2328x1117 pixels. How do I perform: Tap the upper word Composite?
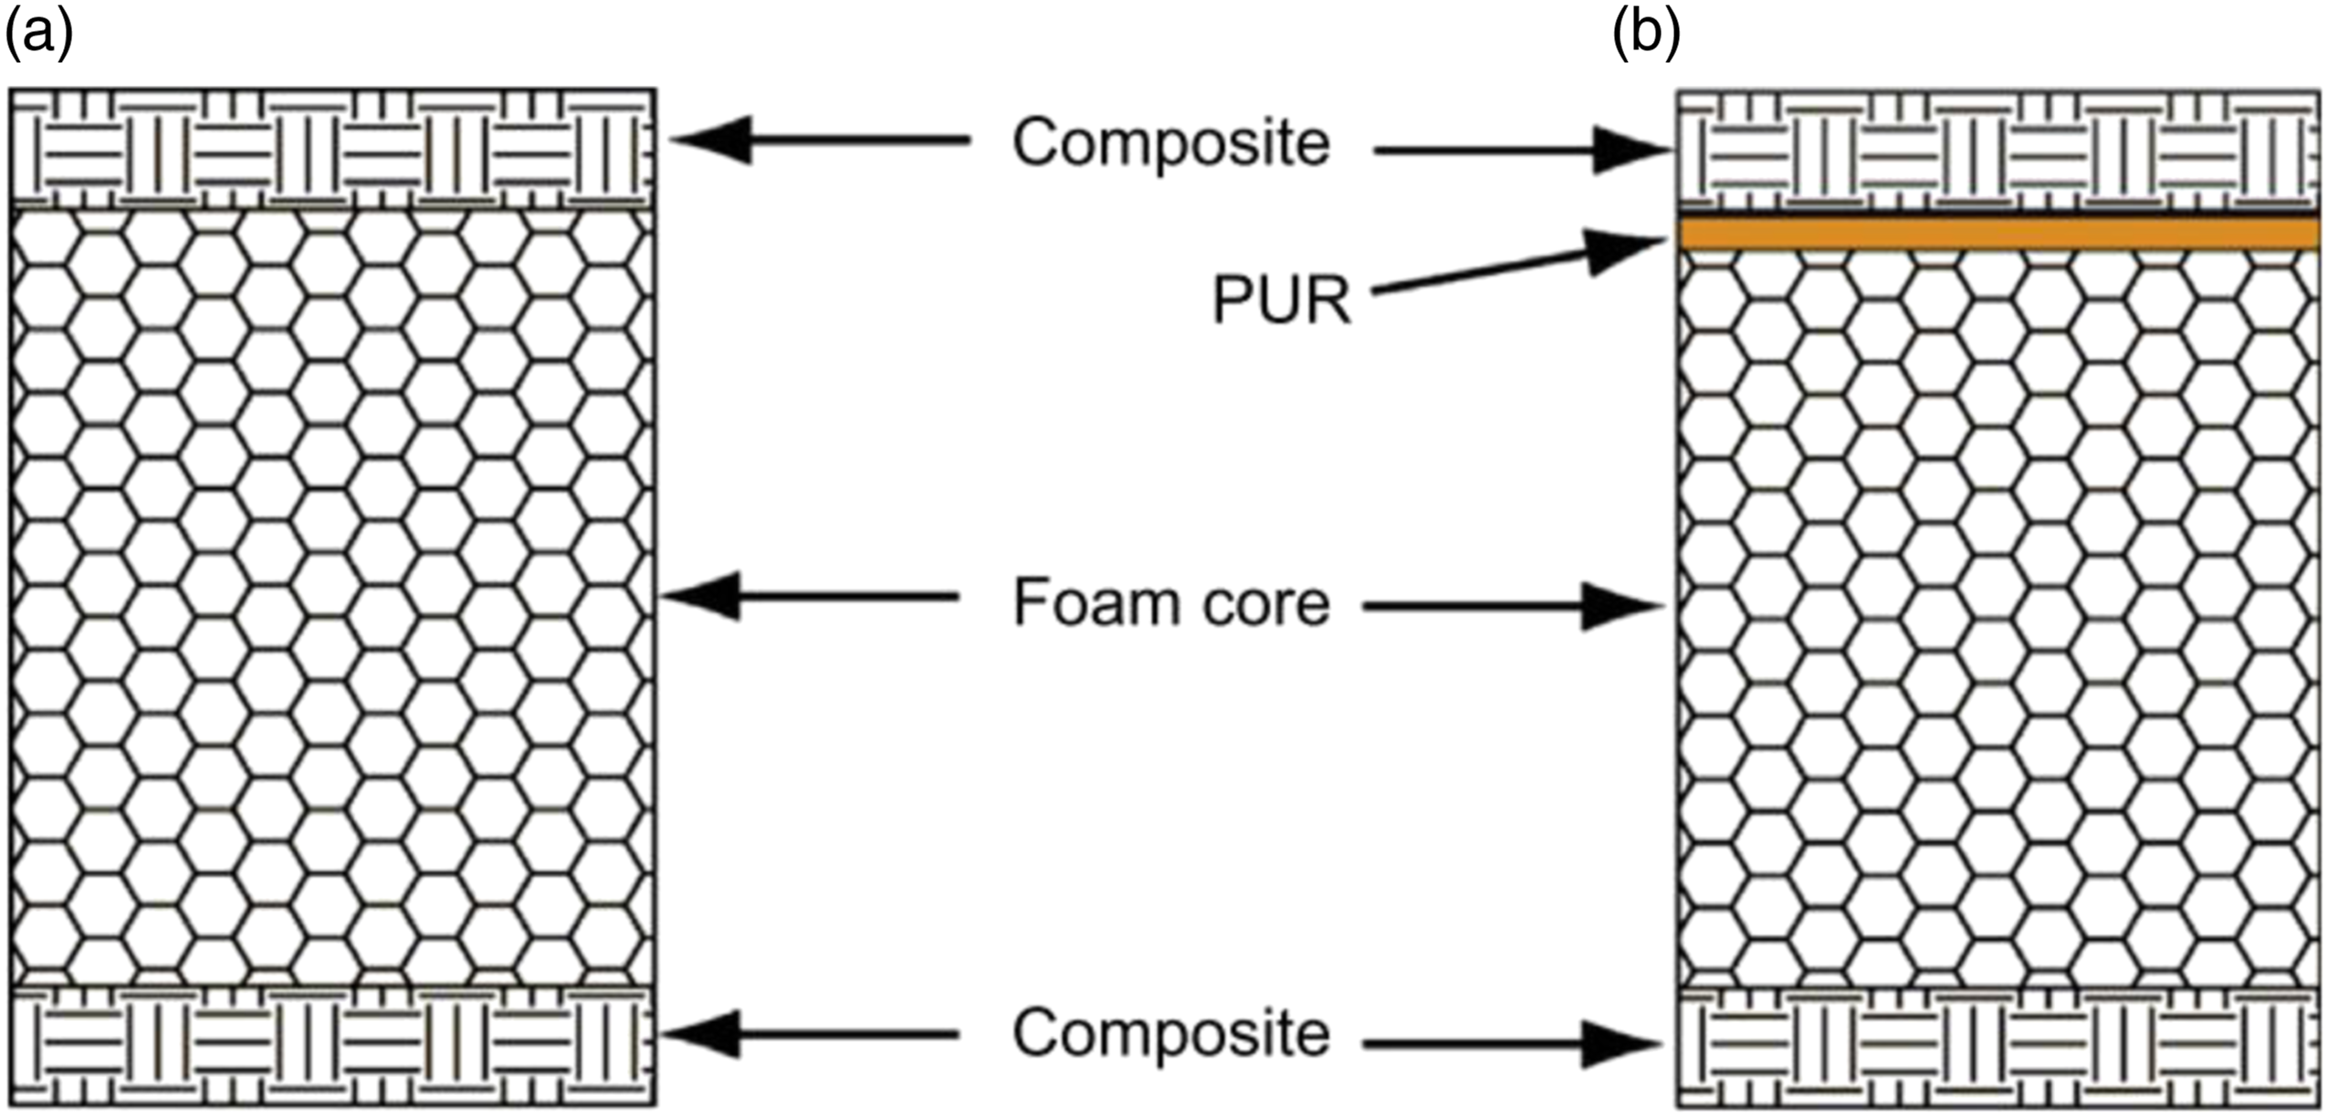pos(1170,144)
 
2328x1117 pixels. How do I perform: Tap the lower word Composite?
pos(1170,1035)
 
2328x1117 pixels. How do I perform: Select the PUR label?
pos(1281,300)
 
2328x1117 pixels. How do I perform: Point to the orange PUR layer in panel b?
pos(1999,233)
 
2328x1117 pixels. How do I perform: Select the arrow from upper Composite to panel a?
pos(822,140)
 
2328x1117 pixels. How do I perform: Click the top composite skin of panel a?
pos(333,149)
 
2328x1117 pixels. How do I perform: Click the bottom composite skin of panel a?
pos(333,1046)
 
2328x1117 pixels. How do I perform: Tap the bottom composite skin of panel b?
pos(1999,1048)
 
